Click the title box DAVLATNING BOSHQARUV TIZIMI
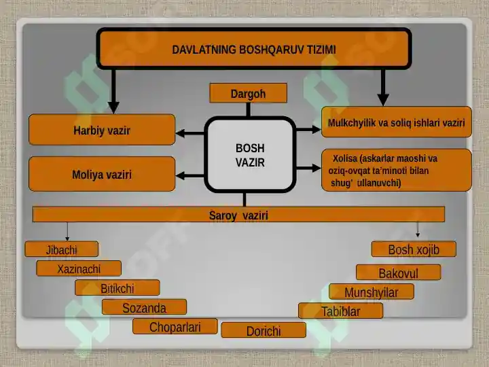[x=254, y=49]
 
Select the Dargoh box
[x=249, y=93]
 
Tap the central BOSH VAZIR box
[x=250, y=155]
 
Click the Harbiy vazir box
[x=102, y=130]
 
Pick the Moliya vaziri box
[x=102, y=174]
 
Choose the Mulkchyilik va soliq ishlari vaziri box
[x=397, y=122]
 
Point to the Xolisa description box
[x=397, y=170]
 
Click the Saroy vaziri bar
[x=238, y=214]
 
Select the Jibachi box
[x=62, y=249]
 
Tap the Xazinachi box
[x=79, y=268]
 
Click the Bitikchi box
[x=117, y=287]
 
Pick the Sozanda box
[x=145, y=307]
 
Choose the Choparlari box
[x=175, y=326]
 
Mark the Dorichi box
[x=264, y=330]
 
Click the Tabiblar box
[x=340, y=311]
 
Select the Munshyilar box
[x=372, y=292]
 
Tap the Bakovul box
[x=399, y=273]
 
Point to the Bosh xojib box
[x=414, y=249]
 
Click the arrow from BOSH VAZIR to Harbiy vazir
[x=190, y=134]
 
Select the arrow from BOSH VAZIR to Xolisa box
[x=308, y=169]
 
